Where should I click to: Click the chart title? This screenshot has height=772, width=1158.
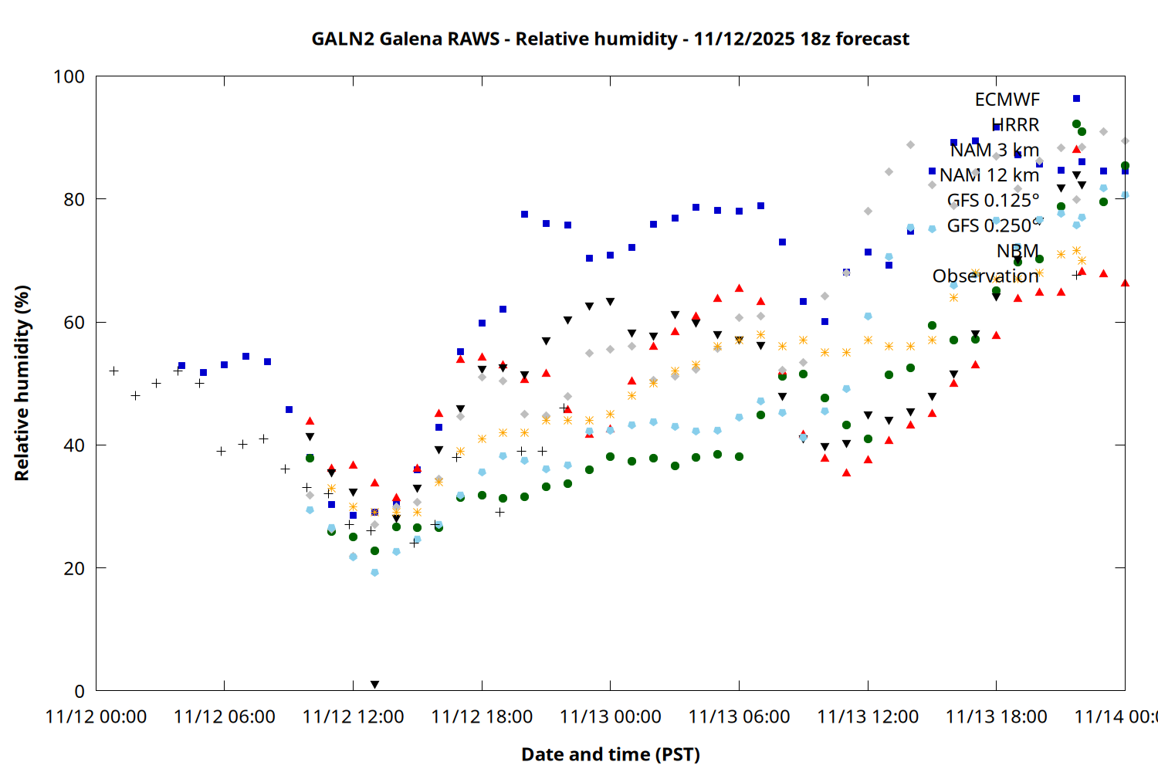point(610,39)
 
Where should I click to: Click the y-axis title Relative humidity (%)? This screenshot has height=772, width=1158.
point(22,383)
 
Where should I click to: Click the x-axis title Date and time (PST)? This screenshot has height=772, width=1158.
point(610,754)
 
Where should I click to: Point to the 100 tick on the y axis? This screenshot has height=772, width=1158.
point(69,76)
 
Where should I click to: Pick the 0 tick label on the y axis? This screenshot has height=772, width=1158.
point(79,691)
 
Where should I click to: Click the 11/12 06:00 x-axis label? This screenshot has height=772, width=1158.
point(224,716)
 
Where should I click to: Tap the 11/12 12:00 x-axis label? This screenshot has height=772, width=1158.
point(353,716)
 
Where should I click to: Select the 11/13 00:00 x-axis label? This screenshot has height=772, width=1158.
point(610,716)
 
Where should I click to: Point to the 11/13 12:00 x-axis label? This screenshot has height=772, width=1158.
point(868,716)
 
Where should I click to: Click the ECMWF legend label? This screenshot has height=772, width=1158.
point(1007,100)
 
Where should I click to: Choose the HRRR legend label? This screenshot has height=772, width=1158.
point(1015,124)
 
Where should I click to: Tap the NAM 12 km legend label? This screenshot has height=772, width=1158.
point(989,175)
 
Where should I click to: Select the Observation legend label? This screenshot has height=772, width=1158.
point(985,276)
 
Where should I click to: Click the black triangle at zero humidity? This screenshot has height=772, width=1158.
point(374,685)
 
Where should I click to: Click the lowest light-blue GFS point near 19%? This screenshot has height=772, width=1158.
point(374,573)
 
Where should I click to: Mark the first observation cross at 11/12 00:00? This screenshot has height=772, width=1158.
point(113,371)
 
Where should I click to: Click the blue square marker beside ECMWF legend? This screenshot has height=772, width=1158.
point(1076,99)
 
